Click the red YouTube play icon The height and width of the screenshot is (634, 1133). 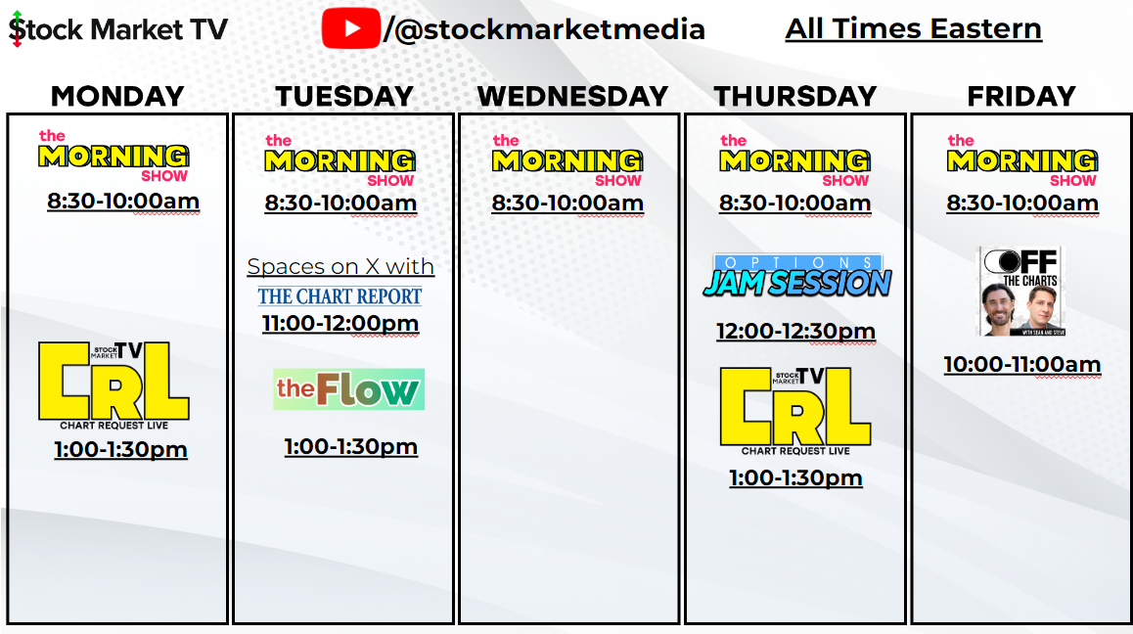click(x=349, y=28)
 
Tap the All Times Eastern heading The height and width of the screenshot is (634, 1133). click(x=913, y=28)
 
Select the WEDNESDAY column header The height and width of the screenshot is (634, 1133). click(x=572, y=96)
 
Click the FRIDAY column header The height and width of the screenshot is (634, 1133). click(x=1020, y=96)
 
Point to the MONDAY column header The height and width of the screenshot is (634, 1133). click(x=117, y=96)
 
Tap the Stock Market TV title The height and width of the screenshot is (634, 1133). click(x=117, y=29)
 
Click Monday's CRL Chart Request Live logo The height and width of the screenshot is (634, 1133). click(x=113, y=385)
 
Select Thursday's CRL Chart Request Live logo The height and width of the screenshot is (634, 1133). click(x=794, y=410)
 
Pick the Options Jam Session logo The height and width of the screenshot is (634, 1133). click(x=796, y=276)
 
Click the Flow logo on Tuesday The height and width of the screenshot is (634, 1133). click(x=348, y=389)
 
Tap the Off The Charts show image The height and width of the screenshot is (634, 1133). click(x=1020, y=291)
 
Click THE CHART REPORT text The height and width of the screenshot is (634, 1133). click(x=340, y=295)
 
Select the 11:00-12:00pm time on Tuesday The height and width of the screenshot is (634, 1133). click(x=340, y=323)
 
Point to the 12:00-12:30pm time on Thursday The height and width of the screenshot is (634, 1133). click(x=795, y=331)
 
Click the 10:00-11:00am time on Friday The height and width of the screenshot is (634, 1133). click(x=1021, y=365)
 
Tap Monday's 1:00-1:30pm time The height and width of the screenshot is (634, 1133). click(x=120, y=449)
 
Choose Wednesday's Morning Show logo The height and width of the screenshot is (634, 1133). click(x=567, y=160)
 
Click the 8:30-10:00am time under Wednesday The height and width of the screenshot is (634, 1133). click(x=567, y=204)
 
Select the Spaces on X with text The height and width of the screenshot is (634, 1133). click(x=340, y=266)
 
